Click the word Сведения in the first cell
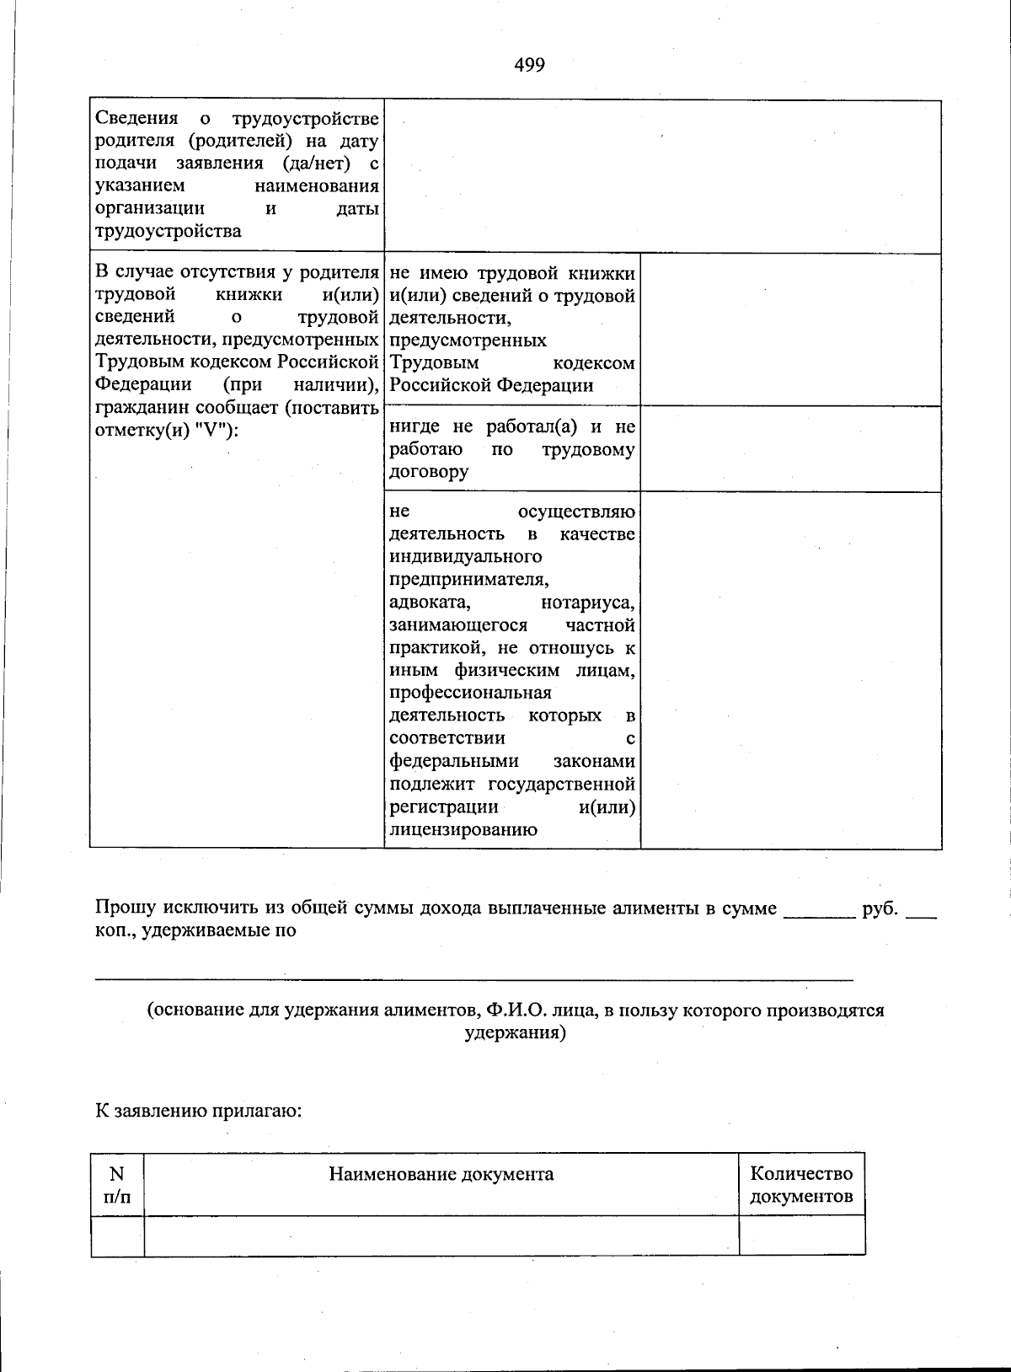coord(136,118)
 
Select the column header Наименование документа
coord(441,1174)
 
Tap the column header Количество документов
coord(801,1184)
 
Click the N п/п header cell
coord(117,1184)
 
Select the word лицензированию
coord(463,829)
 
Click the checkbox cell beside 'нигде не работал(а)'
coord(790,449)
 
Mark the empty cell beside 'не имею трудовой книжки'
coord(790,330)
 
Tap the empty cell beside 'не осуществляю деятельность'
coord(790,670)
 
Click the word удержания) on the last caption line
coord(516,1032)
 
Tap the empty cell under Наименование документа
coord(441,1235)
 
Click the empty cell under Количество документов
coord(801,1235)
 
